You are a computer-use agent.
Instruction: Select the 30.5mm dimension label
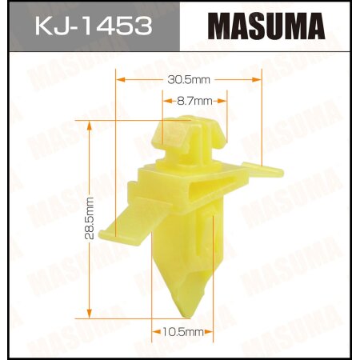(x=190, y=78)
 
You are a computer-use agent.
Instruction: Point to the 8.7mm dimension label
(x=194, y=101)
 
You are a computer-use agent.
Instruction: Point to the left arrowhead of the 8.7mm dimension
(x=165, y=101)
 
